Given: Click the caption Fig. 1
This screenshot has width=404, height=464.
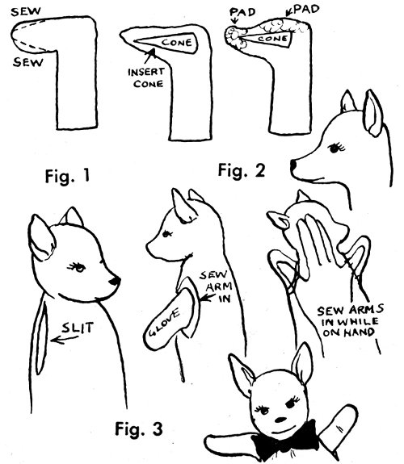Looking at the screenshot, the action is point(67,176).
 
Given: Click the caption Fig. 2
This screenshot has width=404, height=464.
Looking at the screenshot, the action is point(242,171).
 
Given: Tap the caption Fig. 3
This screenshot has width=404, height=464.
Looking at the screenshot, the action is point(139,428).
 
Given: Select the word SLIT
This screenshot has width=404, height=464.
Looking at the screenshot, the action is point(78,328).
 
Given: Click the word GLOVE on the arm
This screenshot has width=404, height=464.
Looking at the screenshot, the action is point(165,322).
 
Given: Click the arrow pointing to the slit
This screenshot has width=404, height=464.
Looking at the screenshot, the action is point(64,340).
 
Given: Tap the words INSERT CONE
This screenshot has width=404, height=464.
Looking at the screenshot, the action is point(146,77).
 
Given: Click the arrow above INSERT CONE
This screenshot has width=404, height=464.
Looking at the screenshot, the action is point(149,56).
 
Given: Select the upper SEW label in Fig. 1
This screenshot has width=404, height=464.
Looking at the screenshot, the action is point(26,11).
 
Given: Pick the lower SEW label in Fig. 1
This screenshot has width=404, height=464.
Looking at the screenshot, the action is point(27,62).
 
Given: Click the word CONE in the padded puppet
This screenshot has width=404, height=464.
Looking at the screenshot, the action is point(272,39).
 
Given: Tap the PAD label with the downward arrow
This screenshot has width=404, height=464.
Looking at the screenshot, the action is point(242,12).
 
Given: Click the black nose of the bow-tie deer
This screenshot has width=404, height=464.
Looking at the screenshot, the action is point(280,420).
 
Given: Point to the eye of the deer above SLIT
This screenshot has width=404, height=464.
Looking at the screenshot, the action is point(78,268).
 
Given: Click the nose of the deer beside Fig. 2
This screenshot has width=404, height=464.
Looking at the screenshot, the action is point(292,165).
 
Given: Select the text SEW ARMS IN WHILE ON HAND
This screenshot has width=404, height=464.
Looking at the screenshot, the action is point(350,322).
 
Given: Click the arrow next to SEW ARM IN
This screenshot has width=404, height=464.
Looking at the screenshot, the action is point(208,298).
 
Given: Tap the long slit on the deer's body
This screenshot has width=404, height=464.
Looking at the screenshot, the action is point(41,337).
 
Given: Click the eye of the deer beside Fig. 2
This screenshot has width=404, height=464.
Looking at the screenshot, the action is point(336,148).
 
